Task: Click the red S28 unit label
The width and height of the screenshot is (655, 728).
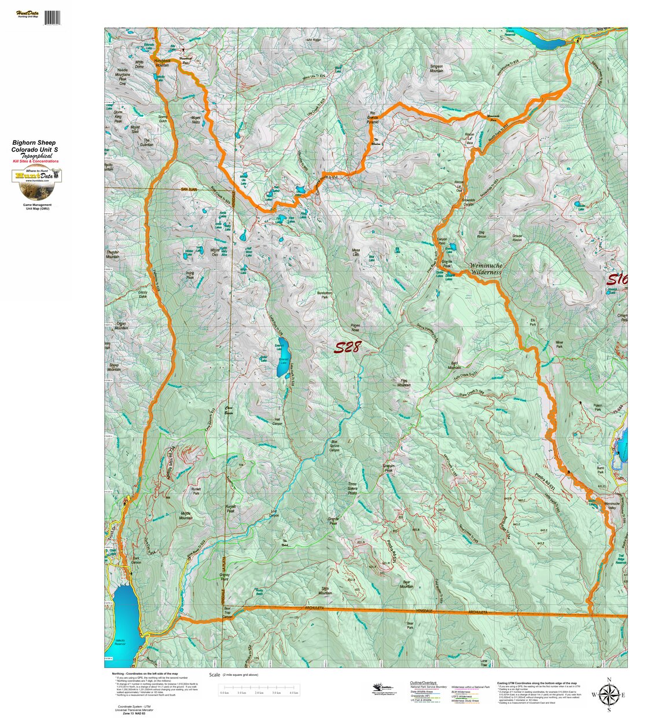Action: [348, 347]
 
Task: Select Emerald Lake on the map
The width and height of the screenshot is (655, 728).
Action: [284, 365]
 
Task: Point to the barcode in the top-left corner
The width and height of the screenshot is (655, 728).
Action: [51, 17]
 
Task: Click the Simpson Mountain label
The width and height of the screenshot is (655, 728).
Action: [436, 68]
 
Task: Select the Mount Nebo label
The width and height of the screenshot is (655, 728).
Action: [196, 120]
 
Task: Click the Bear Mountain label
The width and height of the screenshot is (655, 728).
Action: [407, 584]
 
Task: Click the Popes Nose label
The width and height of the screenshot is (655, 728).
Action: [356, 328]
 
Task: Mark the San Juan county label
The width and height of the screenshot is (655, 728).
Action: [189, 189]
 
